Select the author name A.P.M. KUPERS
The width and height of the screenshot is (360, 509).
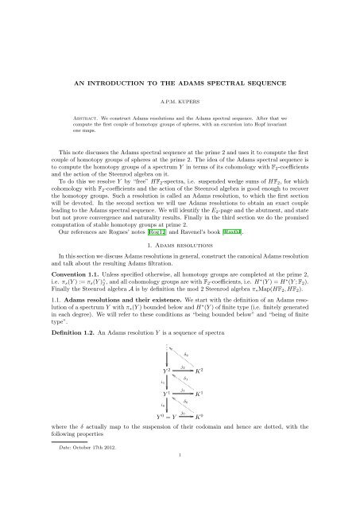pos(180,80)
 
